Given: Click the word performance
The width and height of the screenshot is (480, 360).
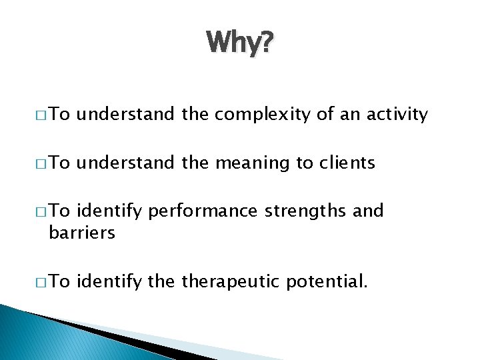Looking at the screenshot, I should pos(203,212).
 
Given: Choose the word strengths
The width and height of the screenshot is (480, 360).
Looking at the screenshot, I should pos(306,212).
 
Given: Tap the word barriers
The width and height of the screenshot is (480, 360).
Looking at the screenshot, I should pos(82,232).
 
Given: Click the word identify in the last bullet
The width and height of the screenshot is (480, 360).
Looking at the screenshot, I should pos(110,281).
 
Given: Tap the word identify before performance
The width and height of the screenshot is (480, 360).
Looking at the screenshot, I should pos(110,212).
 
